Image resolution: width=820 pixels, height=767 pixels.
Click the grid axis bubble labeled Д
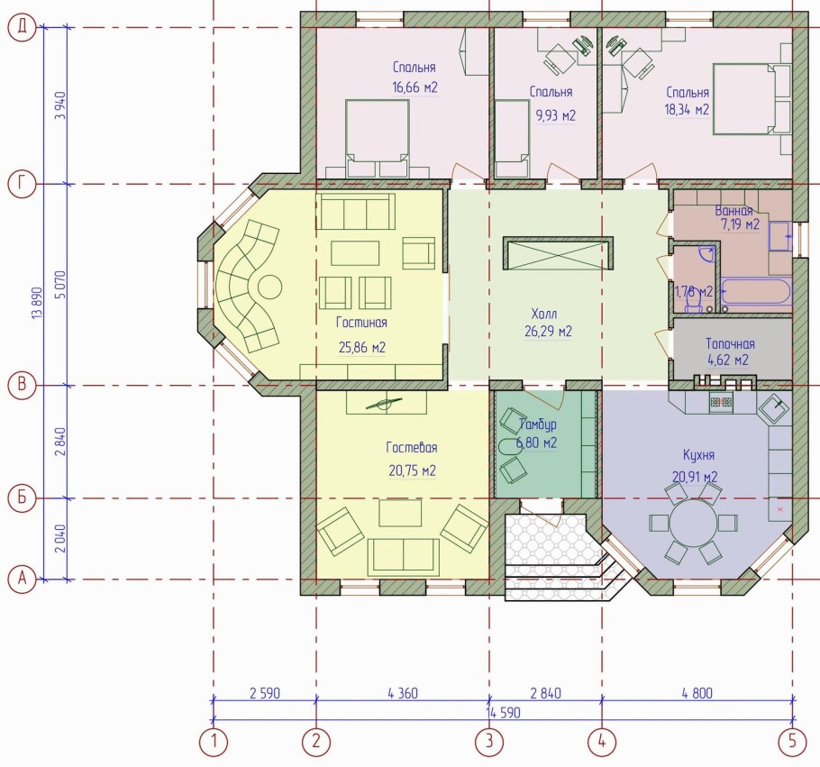pos(22,27)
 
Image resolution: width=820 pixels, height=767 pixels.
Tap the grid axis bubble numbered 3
pos(489,742)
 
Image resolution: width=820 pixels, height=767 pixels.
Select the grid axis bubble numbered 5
pos(793,742)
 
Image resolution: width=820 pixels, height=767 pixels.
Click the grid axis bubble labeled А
pos(22,580)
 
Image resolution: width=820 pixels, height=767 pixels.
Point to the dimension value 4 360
pos(403,693)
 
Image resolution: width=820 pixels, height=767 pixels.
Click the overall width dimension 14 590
pos(503,713)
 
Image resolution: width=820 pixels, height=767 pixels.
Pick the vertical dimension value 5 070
pos(61,285)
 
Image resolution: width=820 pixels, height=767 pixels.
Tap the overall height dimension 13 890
pos(38,303)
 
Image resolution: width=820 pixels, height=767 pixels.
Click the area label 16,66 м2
pos(415,87)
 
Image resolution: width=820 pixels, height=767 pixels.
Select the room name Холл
pos(544,314)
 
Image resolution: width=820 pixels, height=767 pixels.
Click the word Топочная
pos(730,343)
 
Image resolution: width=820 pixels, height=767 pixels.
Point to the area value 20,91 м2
pos(695,477)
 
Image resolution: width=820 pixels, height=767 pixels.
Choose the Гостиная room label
pos(361,323)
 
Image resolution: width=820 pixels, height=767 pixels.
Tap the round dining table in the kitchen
pos(694,523)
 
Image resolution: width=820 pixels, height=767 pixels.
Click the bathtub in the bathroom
pos(756,291)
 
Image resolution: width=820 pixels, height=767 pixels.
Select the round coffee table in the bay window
pos(269,288)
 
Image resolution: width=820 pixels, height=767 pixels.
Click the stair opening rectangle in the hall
pos(558,254)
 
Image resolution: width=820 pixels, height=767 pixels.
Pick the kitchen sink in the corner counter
pos(775,407)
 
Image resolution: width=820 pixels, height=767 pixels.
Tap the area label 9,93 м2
pos(555,115)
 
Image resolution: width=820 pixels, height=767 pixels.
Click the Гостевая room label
pos(412,448)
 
